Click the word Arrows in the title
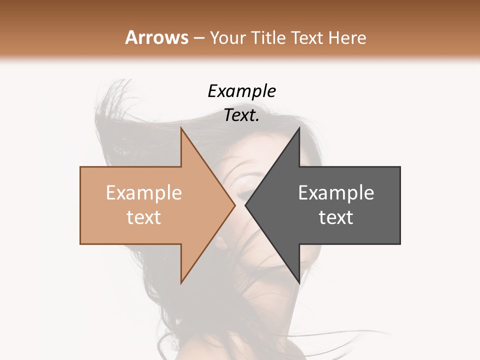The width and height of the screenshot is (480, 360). click(x=157, y=37)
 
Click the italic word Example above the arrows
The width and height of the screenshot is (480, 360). click(x=241, y=91)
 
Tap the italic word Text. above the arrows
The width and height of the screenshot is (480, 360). click(x=241, y=115)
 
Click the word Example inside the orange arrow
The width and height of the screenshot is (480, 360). click(x=144, y=192)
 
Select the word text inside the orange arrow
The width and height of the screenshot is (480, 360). click(x=144, y=217)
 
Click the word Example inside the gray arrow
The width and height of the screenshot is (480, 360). click(x=336, y=192)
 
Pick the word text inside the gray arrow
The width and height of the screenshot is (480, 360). click(x=336, y=217)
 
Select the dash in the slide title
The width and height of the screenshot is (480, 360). click(x=198, y=38)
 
